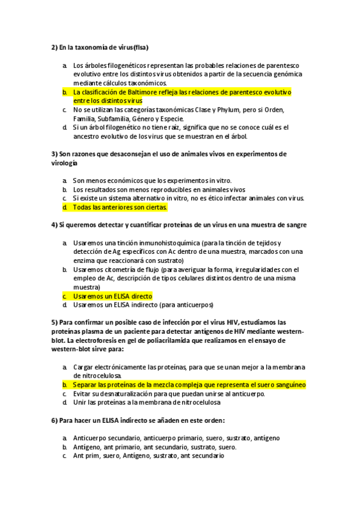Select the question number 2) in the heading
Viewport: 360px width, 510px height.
[54, 47]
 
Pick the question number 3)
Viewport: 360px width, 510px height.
[54, 154]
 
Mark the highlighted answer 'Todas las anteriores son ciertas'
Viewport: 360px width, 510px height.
[120, 207]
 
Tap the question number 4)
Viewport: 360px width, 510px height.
[54, 225]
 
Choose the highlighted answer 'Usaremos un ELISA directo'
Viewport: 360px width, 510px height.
[112, 296]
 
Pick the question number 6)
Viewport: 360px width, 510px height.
[54, 420]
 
